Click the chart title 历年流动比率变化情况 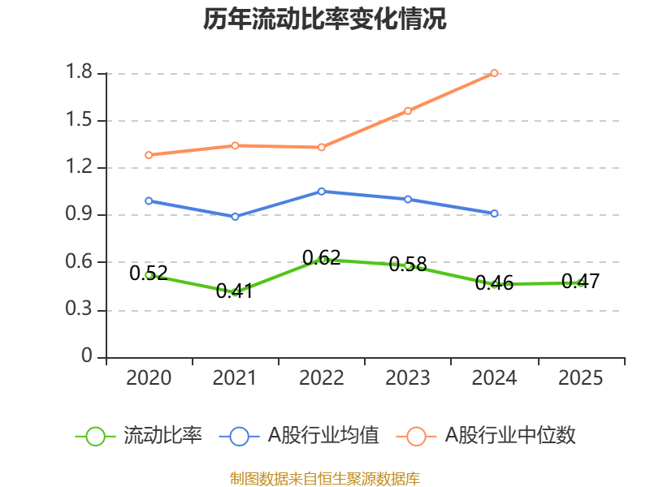point(325,19)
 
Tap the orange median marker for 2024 point(494,73)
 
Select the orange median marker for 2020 point(149,154)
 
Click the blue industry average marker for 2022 point(322,192)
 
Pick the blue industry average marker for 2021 point(235,217)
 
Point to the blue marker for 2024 point(494,213)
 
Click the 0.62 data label point(322,258)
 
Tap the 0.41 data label point(235,291)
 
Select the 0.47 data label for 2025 point(580,282)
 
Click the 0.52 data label point(149,274)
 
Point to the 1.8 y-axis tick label point(81,74)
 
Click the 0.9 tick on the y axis point(81,215)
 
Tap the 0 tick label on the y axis point(88,357)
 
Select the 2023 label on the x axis point(408,378)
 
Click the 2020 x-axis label point(149,378)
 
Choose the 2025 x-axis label point(580,378)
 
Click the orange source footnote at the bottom point(325,479)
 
